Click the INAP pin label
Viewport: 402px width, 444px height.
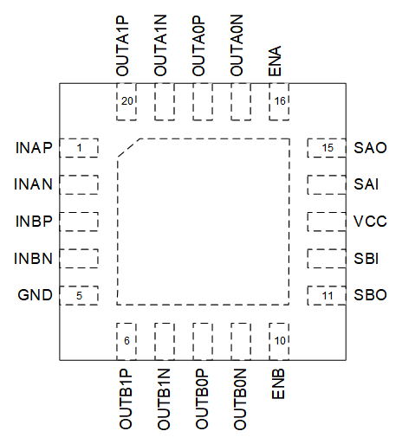pyautogui.click(x=34, y=148)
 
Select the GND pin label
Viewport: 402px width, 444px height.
pyautogui.click(x=35, y=295)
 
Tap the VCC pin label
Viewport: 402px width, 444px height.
pyautogui.click(x=370, y=222)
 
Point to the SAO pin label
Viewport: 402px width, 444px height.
pyautogui.click(x=370, y=148)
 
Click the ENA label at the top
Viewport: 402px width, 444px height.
pyautogui.click(x=275, y=61)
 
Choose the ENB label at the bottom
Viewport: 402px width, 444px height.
pyautogui.click(x=278, y=383)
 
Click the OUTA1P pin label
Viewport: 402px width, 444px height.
pyautogui.click(x=122, y=46)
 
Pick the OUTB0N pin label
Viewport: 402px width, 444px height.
pyautogui.click(x=240, y=399)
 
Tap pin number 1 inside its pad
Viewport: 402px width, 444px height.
pyautogui.click(x=79, y=148)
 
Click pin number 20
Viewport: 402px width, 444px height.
pyautogui.click(x=126, y=101)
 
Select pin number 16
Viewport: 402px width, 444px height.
pyautogui.click(x=280, y=101)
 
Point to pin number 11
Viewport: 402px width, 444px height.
pyautogui.click(x=327, y=296)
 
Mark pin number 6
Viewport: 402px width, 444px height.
pyautogui.click(x=126, y=341)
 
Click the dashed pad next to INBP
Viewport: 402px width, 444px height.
pyautogui.click(x=79, y=222)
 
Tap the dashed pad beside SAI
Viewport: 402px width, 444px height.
pyautogui.click(x=327, y=184)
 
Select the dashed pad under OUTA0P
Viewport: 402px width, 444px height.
pyautogui.click(x=203, y=101)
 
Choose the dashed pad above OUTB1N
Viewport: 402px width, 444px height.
pyautogui.click(x=165, y=342)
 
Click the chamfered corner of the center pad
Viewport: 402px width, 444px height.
pyautogui.click(x=128, y=148)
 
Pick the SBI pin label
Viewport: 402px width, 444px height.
pyautogui.click(x=366, y=258)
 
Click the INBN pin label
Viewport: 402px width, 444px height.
pyautogui.click(x=33, y=258)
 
